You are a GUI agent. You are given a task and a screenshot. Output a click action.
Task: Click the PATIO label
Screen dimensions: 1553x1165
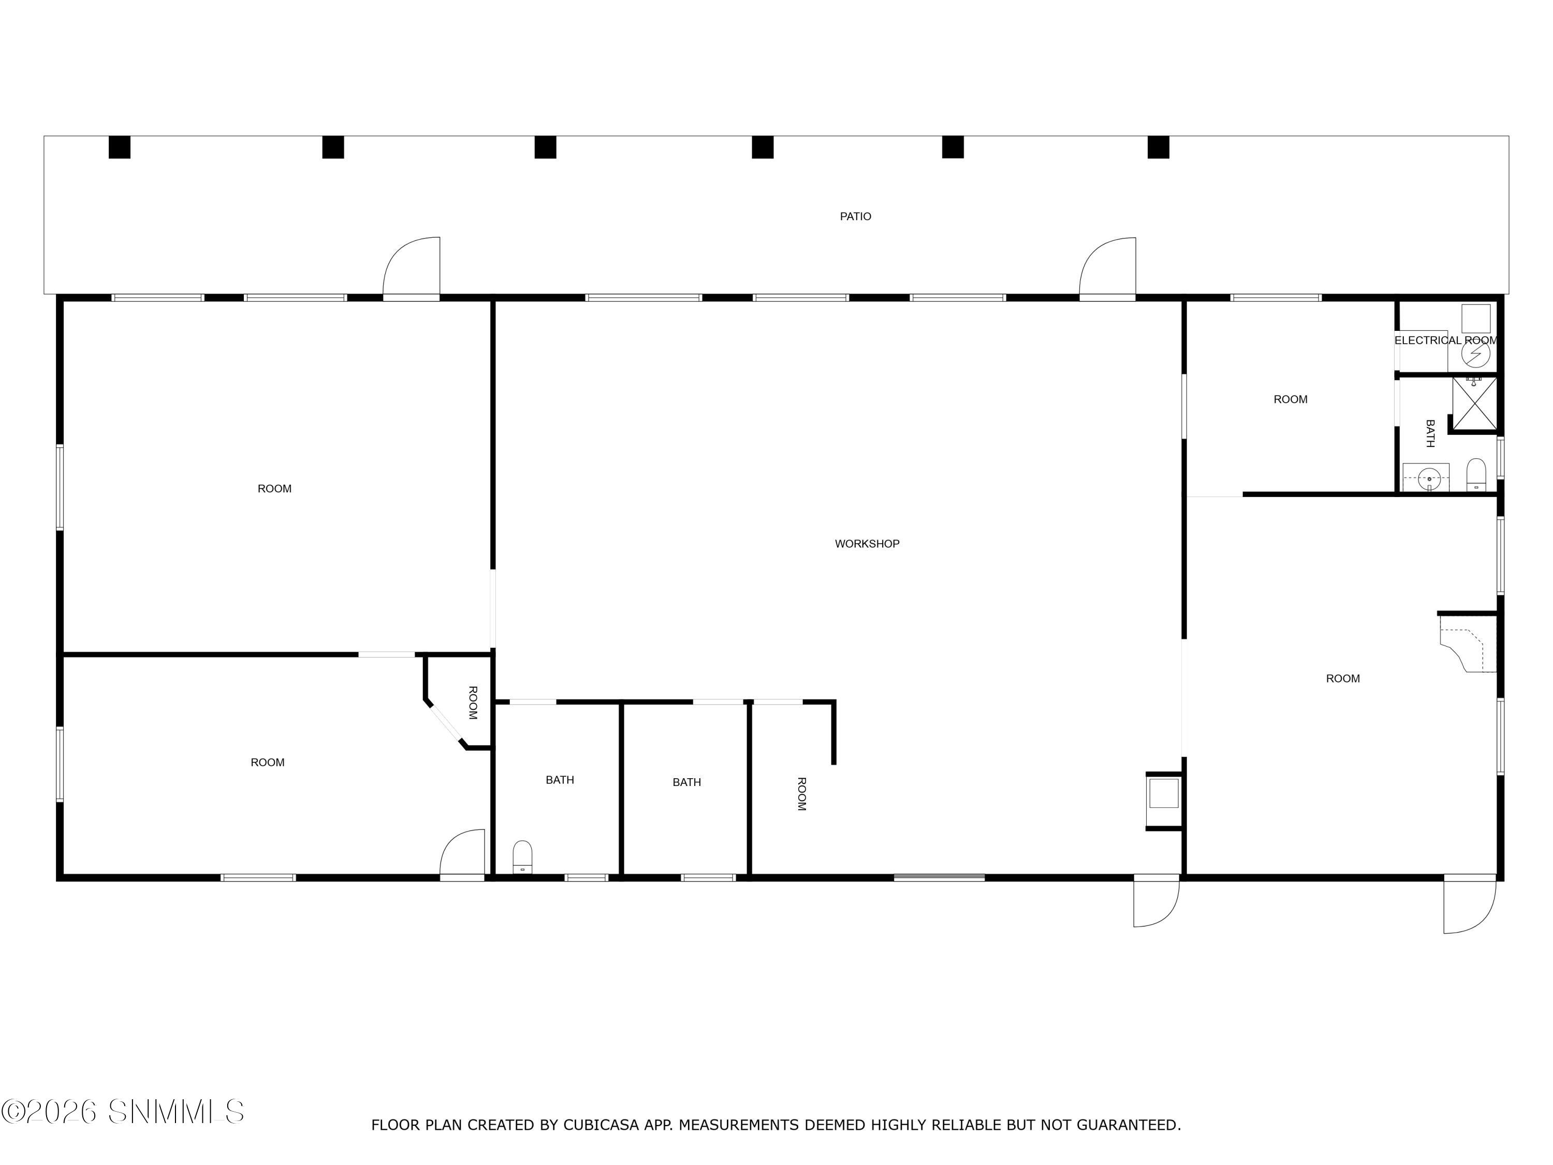[x=855, y=216]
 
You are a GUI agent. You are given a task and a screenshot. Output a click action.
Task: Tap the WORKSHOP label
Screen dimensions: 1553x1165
[x=867, y=544]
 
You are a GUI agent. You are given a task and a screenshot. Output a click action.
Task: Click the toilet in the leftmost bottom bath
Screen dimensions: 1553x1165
[x=522, y=857]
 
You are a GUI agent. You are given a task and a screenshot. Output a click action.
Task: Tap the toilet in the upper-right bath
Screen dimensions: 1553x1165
[x=1476, y=475]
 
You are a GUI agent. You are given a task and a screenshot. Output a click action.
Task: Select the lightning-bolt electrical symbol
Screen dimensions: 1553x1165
[x=1476, y=354]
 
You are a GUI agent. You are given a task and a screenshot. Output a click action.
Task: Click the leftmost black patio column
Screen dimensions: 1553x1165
[x=120, y=147]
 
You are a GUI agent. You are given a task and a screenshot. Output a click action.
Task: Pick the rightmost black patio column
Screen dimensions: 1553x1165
[x=1159, y=147]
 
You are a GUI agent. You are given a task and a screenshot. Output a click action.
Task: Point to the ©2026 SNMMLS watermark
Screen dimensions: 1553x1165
[x=123, y=1111]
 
